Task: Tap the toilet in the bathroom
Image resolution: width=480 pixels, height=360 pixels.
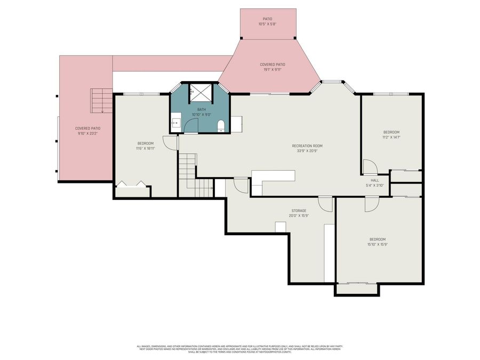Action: tap(220, 125)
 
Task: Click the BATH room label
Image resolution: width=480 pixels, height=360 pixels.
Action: tap(201, 109)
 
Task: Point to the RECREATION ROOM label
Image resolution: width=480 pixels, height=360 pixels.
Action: tap(307, 146)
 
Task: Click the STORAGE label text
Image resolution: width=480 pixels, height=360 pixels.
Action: tap(299, 211)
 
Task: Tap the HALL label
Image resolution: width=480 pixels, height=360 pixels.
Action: tap(375, 180)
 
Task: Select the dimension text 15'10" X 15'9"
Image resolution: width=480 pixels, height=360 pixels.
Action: tap(377, 245)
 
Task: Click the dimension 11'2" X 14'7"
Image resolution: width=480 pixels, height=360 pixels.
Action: tap(391, 137)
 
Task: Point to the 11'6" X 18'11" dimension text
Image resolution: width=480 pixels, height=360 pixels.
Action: tap(146, 148)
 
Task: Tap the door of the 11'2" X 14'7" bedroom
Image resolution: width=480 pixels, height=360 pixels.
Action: tap(370, 166)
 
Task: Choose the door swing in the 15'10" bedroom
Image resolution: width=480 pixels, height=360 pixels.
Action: tap(372, 204)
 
